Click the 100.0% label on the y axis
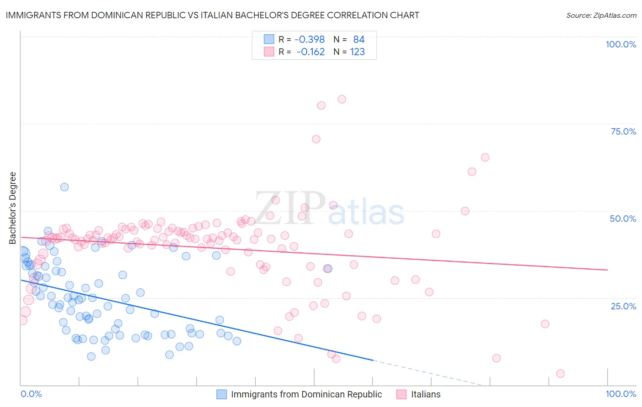pos(621,44)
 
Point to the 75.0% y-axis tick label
pos(623,131)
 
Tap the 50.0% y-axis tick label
pos(623,219)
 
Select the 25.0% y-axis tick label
pos(623,306)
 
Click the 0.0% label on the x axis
pos(32,394)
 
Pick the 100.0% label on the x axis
pos(621,394)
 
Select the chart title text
pos(212,15)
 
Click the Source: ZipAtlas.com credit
pos(601,15)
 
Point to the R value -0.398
pos(310,40)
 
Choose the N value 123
pos(358,52)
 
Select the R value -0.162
pos(310,52)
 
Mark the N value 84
pos(359,40)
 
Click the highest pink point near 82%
pos(342,99)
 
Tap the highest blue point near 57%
pos(64,187)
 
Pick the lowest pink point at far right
pos(560,374)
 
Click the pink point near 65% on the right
pos(485,157)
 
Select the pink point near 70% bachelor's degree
pos(316,139)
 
